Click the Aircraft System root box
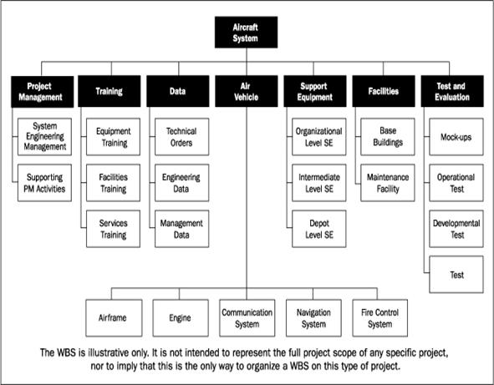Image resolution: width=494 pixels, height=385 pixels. point(246,32)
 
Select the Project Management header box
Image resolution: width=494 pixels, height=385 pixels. point(43,91)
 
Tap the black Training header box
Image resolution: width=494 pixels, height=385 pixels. point(109,91)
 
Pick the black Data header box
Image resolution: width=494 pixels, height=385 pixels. point(178,91)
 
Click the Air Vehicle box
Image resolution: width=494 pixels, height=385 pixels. point(247,91)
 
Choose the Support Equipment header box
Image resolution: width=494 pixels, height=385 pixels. point(315,91)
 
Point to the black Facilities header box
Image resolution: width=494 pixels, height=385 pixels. point(384,91)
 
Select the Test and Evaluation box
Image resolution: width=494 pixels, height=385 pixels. point(452,91)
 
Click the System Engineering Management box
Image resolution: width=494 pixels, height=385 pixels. point(45,137)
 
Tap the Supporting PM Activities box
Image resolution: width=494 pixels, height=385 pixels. point(45,183)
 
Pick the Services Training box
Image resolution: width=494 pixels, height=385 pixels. point(113,229)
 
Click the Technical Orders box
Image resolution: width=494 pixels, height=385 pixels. point(181,137)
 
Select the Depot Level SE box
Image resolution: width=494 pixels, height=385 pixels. point(318,229)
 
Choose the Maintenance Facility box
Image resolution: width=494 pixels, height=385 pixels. point(388,183)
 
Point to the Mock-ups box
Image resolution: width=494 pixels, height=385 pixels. point(456,137)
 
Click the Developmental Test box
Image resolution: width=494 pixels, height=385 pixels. point(456,229)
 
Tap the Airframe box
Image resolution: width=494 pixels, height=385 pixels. point(114,318)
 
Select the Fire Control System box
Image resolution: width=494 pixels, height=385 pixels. point(380,318)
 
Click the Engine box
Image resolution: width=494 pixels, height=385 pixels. point(181,318)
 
